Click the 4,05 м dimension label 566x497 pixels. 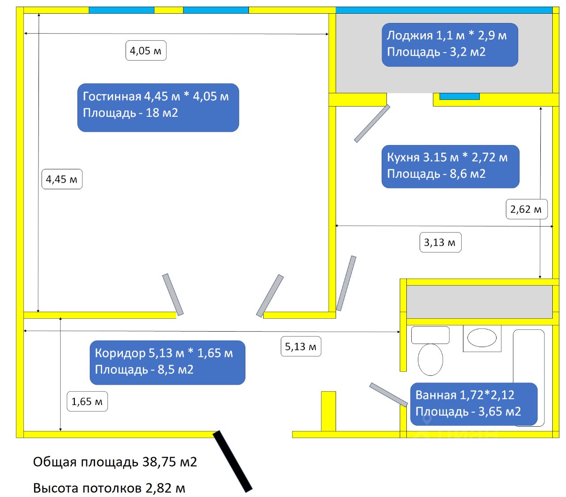point(146,51)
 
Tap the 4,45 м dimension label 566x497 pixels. point(62,179)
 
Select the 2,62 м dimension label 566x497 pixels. point(526,209)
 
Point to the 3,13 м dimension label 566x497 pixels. point(440,242)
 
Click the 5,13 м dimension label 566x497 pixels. point(301,347)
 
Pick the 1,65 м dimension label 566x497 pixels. point(87,401)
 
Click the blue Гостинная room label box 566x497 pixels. point(158,107)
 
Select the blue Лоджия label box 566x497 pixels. point(449,45)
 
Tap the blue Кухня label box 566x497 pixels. point(450,166)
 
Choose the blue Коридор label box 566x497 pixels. point(167,362)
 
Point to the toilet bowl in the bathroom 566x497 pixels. point(430,359)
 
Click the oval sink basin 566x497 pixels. point(482,338)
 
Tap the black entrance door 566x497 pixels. point(232,461)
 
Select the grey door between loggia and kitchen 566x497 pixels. point(372,123)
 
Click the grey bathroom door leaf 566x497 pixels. point(388,394)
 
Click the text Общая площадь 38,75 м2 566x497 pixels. point(115,462)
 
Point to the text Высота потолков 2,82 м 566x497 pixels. point(109,488)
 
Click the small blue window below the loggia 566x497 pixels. point(459,96)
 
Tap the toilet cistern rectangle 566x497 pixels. point(430,335)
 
